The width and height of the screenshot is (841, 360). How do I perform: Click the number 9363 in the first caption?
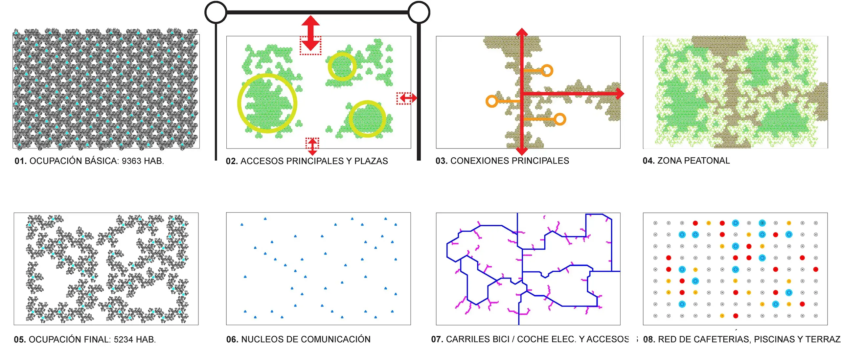coord(131,161)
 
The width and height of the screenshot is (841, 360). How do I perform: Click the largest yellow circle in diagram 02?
coord(267,103)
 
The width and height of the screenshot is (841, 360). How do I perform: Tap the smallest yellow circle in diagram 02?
coord(342,66)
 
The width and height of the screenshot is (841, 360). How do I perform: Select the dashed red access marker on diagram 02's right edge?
coord(406,98)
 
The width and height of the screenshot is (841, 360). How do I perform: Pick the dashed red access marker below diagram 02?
coord(312,146)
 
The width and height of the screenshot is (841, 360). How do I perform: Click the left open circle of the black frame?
coord(216,12)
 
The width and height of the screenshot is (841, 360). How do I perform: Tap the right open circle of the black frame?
coord(419,12)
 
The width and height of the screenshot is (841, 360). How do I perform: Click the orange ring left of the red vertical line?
coord(492,101)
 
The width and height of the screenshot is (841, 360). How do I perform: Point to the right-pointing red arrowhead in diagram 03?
coord(620,94)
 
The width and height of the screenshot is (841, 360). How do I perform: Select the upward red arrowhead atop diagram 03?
coord(522,32)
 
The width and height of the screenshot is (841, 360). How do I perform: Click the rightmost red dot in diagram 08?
coord(816,269)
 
